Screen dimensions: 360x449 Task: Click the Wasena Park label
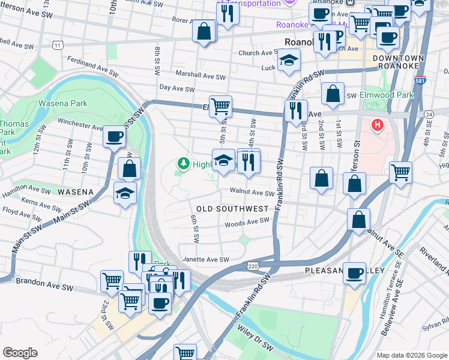(62, 103)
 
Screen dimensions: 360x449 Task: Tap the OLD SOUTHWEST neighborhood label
(232, 208)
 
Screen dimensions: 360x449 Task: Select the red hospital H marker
(378, 125)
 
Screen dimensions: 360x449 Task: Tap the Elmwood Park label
(387, 95)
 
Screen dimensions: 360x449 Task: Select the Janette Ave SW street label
(206, 259)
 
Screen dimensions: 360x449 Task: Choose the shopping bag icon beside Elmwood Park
(333, 94)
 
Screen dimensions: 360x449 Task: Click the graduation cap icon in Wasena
(125, 193)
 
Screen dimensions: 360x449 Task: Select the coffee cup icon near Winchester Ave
(113, 136)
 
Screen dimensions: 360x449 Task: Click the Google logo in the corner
(20, 353)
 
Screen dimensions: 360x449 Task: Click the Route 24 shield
(428, 114)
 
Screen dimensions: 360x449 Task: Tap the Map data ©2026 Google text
(411, 355)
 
